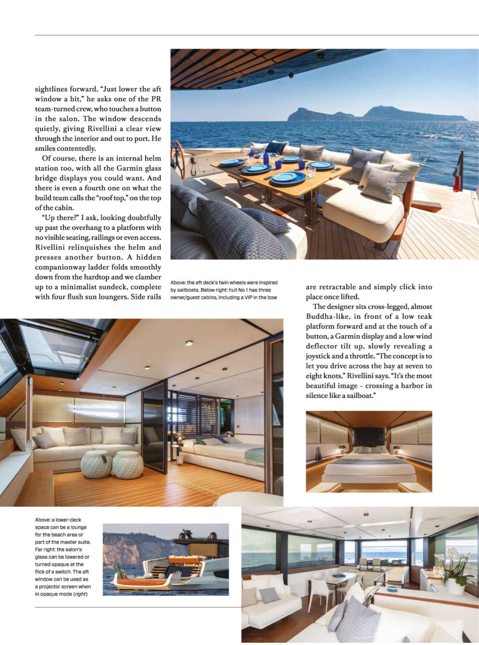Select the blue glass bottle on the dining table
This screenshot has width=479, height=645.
(x=266, y=158)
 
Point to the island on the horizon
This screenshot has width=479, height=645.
(x=377, y=114)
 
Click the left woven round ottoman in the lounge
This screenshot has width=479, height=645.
(x=96, y=463)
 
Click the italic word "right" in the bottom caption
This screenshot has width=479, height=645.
(x=81, y=594)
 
